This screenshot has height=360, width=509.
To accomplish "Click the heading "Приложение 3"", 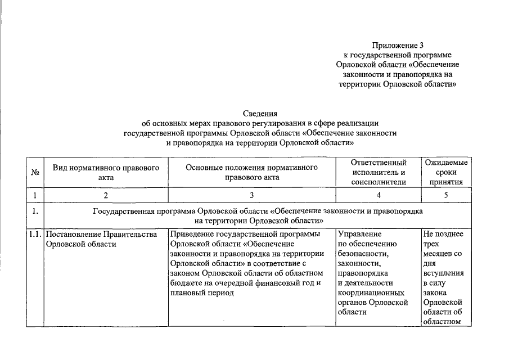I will coord(397,44).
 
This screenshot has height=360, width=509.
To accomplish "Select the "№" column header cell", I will coord(35,172).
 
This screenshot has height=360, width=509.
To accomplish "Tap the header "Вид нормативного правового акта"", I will coord(106,172).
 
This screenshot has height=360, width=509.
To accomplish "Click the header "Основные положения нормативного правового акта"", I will coord(251,172).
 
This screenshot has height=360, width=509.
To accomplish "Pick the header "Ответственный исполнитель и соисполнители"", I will coord(378,172).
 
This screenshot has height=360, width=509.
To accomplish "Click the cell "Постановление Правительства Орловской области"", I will coord(101,239).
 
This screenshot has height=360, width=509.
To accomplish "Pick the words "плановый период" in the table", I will coord(201,293).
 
